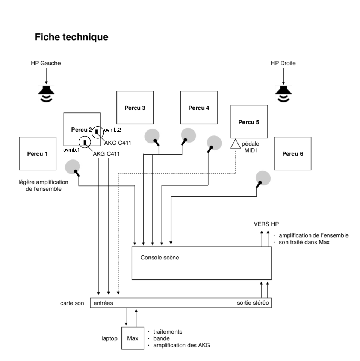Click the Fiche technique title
coord(71,37)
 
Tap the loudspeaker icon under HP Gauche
coord(46,94)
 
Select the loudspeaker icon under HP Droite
coord(283,94)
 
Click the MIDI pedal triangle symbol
coord(235,144)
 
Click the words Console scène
coord(160,258)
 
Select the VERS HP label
coord(266,224)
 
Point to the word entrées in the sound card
coord(103,303)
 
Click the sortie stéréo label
coord(253,303)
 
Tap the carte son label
coord(72,303)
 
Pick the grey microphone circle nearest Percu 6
coord(263,178)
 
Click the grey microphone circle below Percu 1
coord(73,167)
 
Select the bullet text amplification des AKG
coord(182,345)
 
